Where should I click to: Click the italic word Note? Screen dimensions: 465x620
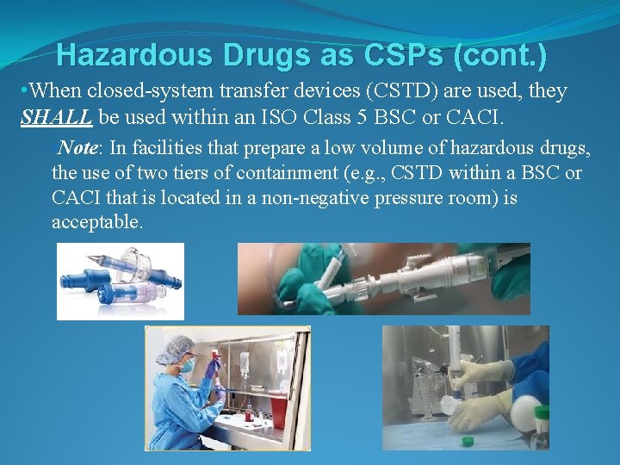coord(77,148)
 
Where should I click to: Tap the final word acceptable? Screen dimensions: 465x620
coord(97,222)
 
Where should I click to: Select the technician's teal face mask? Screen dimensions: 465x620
coord(187,365)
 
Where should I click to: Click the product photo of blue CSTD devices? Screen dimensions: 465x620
coord(121,281)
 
